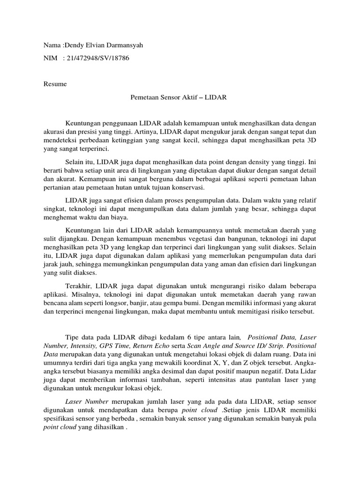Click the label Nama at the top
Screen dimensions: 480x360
pyautogui.click(x=52, y=45)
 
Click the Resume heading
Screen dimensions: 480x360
pyautogui.click(x=55, y=84)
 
